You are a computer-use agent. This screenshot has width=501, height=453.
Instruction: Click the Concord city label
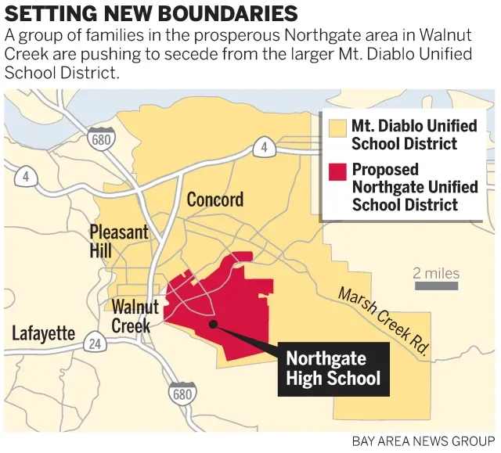tap(214, 200)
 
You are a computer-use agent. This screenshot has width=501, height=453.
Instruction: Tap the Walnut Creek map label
tap(135, 316)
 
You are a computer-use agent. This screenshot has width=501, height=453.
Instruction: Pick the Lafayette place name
tap(43, 334)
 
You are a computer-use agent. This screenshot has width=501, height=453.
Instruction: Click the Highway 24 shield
tap(95, 343)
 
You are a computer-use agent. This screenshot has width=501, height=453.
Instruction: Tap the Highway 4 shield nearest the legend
tap(264, 146)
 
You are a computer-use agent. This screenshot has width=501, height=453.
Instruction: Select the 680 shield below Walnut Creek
tap(182, 394)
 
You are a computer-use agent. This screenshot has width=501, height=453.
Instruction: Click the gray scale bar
tap(436, 286)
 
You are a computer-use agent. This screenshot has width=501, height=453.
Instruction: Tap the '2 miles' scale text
tap(436, 273)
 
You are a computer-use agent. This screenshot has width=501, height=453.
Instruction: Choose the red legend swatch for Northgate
tap(337, 171)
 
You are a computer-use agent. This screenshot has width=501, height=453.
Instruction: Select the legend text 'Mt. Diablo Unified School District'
tap(404, 135)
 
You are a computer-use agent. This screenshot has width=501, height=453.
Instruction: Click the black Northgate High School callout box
tap(333, 369)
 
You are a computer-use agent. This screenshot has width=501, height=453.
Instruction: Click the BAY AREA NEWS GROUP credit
tap(423, 441)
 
